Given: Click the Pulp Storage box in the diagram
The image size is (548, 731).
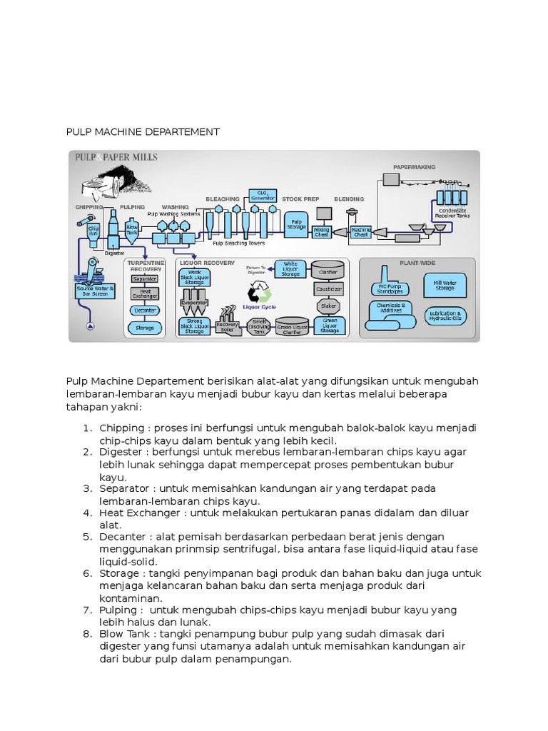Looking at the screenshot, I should click(295, 224).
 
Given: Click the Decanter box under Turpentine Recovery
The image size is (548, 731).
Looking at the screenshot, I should click(145, 311).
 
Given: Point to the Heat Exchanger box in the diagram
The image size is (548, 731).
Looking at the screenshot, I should click(145, 293).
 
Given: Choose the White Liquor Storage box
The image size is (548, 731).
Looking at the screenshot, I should click(290, 269).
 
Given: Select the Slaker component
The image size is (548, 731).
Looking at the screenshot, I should click(328, 306).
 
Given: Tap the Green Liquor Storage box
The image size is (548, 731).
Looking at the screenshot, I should click(329, 327).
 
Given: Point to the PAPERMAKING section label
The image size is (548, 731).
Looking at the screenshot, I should click(414, 167).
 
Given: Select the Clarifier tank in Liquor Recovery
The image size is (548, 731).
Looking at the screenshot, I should click(328, 270).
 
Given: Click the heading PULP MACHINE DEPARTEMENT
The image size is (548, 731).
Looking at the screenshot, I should click(143, 132).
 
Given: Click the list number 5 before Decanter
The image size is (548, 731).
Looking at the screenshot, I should click(87, 537).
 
